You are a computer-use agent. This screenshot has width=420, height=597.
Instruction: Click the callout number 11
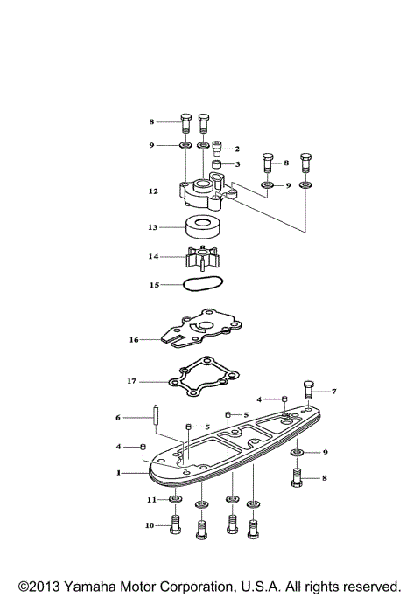[x=150, y=499]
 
